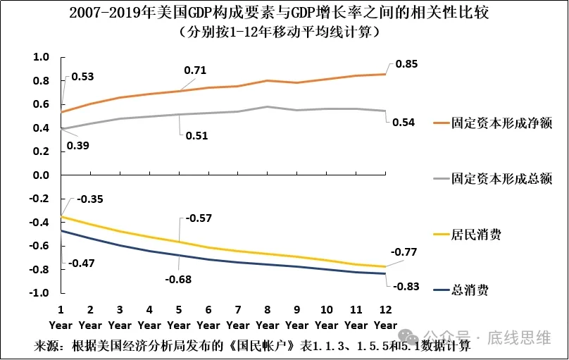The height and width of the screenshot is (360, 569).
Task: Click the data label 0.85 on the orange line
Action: (407, 65)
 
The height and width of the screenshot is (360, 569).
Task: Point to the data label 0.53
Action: (82, 77)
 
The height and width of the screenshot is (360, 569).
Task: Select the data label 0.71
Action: (195, 70)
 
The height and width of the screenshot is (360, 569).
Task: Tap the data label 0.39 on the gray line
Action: (77, 146)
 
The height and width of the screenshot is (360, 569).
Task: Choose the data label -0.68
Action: (179, 279)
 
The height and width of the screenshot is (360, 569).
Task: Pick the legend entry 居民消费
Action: (476, 235)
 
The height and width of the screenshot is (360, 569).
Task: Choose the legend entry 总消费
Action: (470, 290)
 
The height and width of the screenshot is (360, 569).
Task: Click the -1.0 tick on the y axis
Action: (39, 293)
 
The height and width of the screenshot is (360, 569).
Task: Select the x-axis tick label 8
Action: (268, 310)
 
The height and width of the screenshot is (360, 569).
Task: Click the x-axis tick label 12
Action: (385, 310)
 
